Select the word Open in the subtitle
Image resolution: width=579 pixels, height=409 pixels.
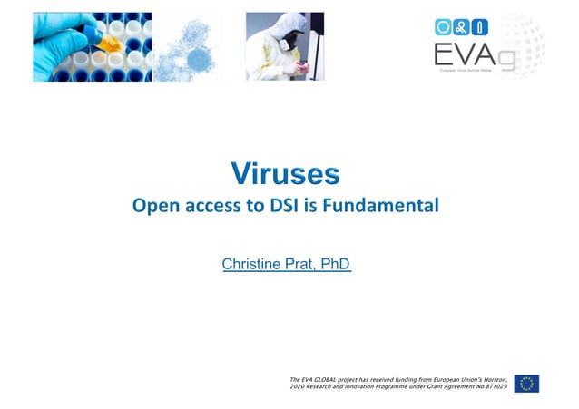pos(154,206)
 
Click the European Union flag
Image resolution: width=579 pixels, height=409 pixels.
pos(526,383)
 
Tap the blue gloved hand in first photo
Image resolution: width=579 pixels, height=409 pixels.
pos(54,36)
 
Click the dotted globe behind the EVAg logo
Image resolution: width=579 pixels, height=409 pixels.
pos(526,45)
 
